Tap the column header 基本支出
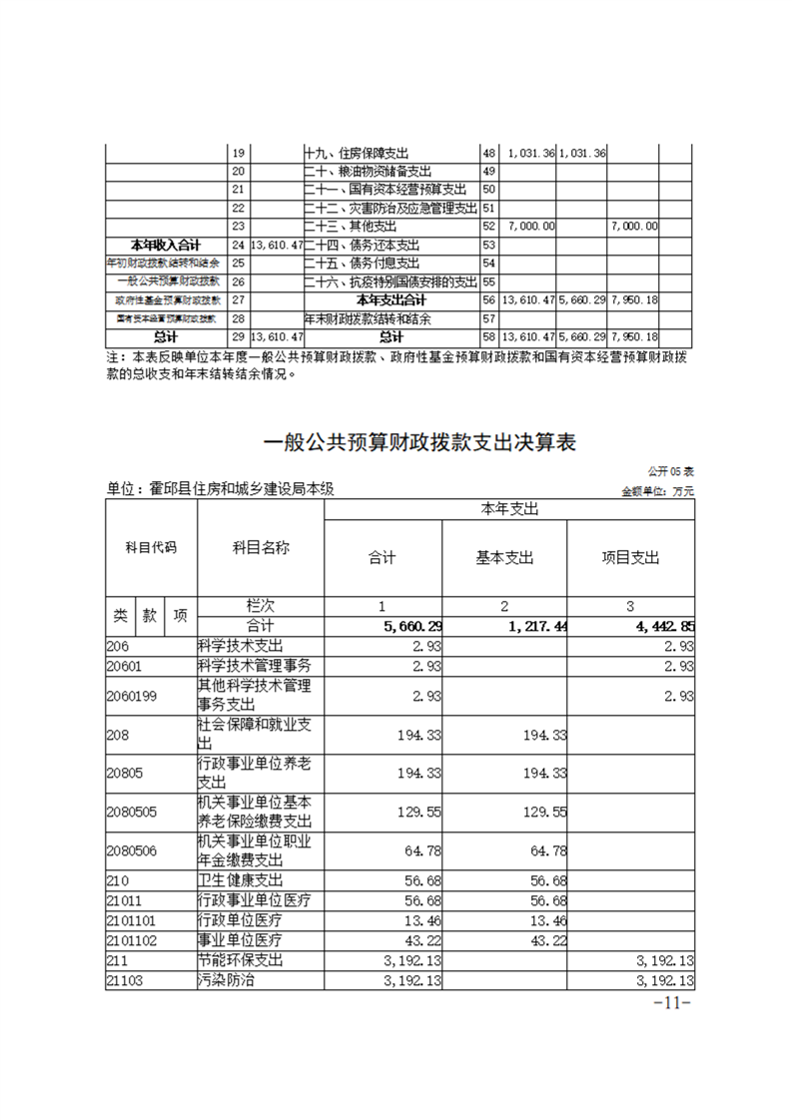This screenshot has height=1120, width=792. click(x=504, y=558)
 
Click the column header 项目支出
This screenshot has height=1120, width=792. click(x=630, y=558)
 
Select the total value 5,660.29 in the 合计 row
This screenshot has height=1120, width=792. click(x=411, y=626)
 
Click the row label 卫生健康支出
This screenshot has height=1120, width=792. click(x=241, y=880)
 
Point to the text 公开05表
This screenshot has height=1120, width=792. click(x=671, y=470)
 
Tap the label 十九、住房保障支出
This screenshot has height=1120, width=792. click(x=356, y=154)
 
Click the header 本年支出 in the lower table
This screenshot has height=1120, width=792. click(x=509, y=509)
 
